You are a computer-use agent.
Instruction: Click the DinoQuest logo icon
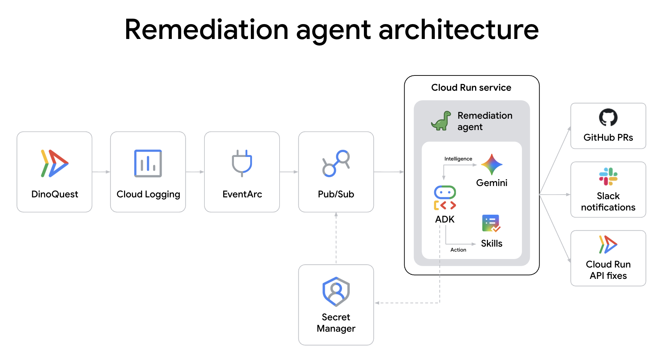tap(55, 163)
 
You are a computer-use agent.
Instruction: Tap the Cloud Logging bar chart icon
tap(148, 163)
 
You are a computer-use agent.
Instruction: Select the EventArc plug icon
tap(242, 163)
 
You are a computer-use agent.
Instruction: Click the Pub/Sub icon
tap(336, 163)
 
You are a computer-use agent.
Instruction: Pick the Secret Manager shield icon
tap(336, 292)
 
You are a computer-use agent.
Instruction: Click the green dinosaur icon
tap(441, 121)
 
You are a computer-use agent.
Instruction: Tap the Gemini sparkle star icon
tap(491, 165)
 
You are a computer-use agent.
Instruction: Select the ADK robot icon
tap(445, 198)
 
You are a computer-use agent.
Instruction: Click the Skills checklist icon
tap(491, 223)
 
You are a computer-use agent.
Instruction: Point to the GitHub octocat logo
tap(608, 117)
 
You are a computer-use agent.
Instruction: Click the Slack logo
tap(608, 176)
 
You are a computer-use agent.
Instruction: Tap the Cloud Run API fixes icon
tap(608, 244)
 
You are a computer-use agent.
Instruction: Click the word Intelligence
tap(458, 159)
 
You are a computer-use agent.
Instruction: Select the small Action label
tap(458, 250)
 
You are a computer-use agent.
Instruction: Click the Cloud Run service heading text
tap(471, 88)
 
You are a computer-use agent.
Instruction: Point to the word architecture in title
tap(459, 30)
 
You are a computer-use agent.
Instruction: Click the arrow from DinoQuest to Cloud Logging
tap(101, 172)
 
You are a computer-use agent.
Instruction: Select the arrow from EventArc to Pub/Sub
tap(289, 172)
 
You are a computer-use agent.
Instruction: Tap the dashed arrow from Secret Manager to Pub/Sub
tap(336, 238)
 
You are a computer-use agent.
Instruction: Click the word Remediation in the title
tap(207, 30)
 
